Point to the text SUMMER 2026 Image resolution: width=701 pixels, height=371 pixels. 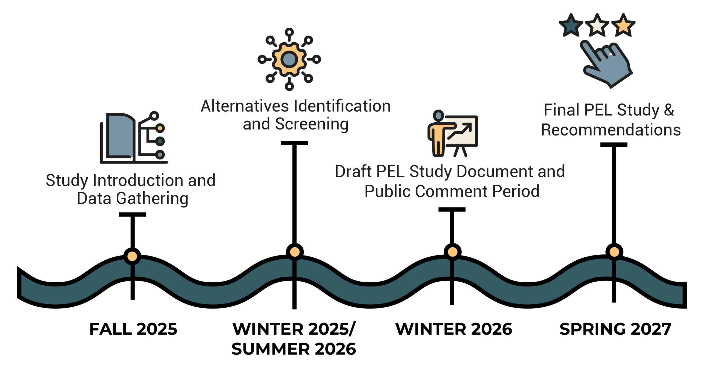(294, 349)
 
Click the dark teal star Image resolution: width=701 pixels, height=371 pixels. (571, 25)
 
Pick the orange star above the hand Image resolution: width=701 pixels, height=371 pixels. (623, 25)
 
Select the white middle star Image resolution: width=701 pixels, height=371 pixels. (597, 25)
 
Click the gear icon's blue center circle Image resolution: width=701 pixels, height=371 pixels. (289, 59)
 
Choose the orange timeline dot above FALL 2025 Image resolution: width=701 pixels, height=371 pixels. (132, 256)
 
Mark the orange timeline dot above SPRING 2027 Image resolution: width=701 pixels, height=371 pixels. (614, 252)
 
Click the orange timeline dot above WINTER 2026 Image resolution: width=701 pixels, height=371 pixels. (452, 252)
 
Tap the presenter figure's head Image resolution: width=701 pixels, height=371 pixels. (438, 115)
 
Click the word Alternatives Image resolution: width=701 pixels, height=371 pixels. (245, 106)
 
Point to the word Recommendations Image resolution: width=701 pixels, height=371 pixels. (611, 130)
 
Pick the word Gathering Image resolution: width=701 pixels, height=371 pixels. (152, 199)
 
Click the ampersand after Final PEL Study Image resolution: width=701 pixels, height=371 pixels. (669, 110)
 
